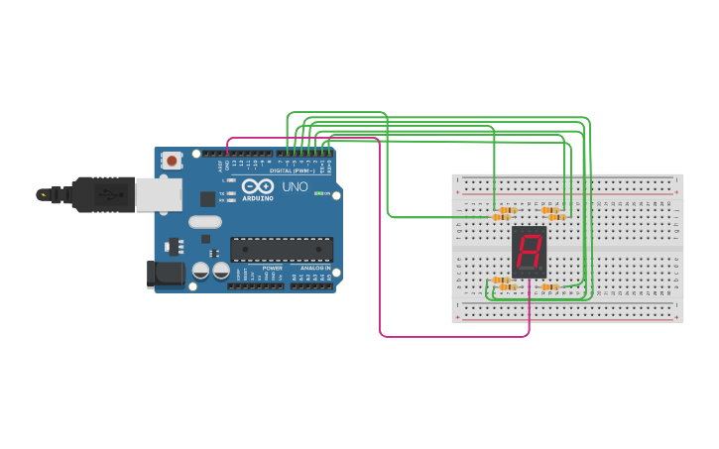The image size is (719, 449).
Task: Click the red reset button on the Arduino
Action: click(x=172, y=160)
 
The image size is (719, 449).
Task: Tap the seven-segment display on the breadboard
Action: click(x=529, y=252)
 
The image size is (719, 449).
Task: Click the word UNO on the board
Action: click(x=296, y=186)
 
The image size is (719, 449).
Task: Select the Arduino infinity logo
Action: click(x=257, y=186)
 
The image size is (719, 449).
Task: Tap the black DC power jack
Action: click(x=165, y=274)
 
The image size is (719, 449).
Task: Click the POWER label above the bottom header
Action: click(x=273, y=268)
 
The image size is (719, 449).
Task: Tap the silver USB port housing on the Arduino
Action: click(x=158, y=195)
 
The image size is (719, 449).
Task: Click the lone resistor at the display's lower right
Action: click(x=549, y=286)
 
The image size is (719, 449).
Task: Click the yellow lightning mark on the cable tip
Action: click(x=42, y=194)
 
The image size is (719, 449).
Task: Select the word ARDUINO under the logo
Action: click(x=257, y=198)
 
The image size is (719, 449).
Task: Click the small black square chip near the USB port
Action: click(x=206, y=198)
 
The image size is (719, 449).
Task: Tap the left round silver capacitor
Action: click(x=201, y=271)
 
